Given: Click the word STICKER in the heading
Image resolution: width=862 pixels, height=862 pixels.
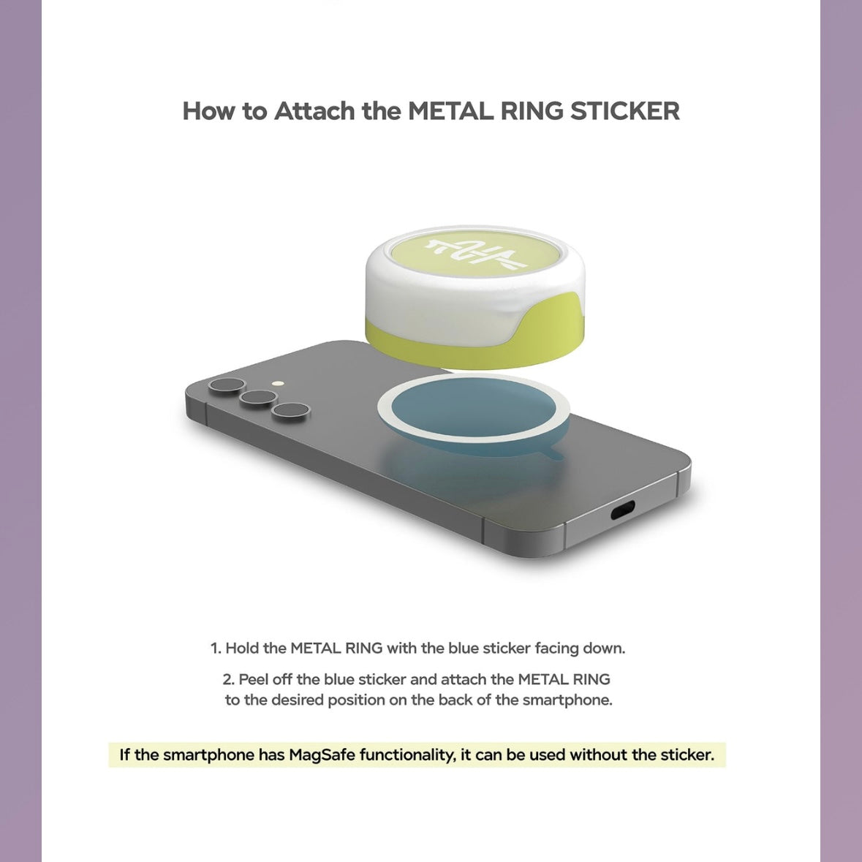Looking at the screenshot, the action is point(624,111).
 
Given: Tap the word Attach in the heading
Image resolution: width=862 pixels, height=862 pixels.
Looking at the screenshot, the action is point(314,111).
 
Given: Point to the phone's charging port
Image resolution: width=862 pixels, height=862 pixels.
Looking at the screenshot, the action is point(622,511).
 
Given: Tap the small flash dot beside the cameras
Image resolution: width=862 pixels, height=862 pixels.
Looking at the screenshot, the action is point(278,384).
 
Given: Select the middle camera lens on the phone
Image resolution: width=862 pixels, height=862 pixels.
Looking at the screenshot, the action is point(258,398).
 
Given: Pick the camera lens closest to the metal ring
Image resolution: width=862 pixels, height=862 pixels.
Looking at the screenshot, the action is point(290,411).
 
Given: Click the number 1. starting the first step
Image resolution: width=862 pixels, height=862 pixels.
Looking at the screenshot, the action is point(216,649).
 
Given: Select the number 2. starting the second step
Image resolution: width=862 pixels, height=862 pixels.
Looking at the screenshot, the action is point(229,680).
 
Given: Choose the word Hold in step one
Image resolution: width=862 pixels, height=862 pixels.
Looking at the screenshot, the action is point(243,649).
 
